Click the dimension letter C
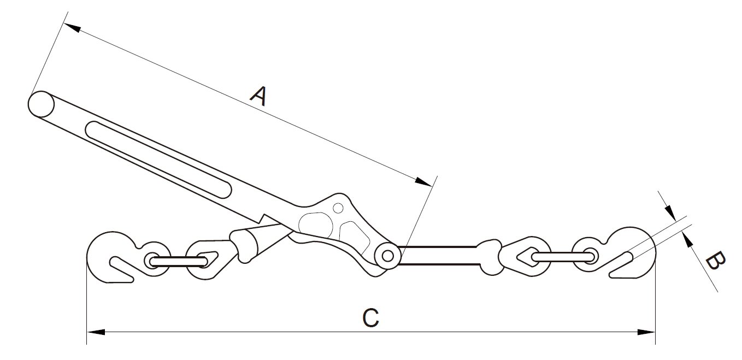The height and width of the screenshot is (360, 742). coord(370,318)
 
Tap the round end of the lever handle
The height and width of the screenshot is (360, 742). coord(40,104)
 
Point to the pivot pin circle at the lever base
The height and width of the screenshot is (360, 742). coord(388,255)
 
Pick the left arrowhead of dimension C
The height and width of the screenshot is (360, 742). coord(96,332)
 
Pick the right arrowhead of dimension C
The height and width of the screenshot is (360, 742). coord(647,332)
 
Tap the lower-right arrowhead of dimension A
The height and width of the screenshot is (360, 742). coord(424,181)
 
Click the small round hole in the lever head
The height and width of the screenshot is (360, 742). coord(338,208)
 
